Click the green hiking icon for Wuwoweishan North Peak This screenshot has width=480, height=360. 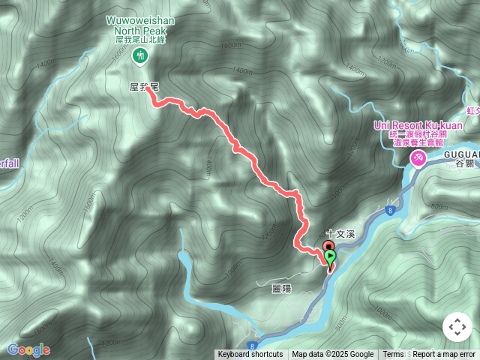pyautogui.click(x=139, y=55)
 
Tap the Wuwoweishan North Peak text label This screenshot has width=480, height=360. pyautogui.click(x=139, y=27)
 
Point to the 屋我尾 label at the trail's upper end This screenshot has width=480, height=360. pyautogui.click(x=144, y=88)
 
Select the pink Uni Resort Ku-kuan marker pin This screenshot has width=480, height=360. pyautogui.click(x=417, y=158)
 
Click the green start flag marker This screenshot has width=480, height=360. pyautogui.click(x=331, y=258)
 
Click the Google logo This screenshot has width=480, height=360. pyautogui.click(x=28, y=349)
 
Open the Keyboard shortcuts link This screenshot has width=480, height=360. pyautogui.click(x=250, y=355)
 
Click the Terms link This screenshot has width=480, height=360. pyautogui.click(x=393, y=355)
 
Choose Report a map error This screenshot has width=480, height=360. pyautogui.click(x=444, y=355)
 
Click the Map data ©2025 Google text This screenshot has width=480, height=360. pyautogui.click(x=332, y=355)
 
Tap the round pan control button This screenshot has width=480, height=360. pyautogui.click(x=457, y=327)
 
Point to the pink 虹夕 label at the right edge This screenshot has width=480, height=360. pyautogui.click(x=472, y=110)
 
